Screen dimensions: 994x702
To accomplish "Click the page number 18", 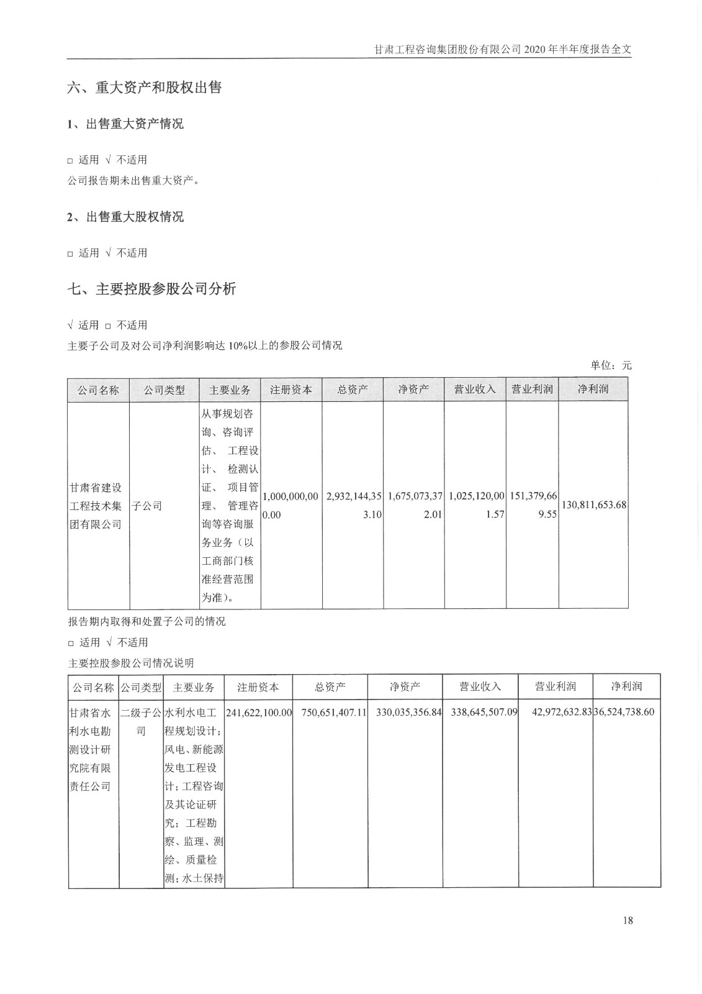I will coord(627,920).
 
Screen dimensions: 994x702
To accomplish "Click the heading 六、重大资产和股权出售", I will coord(144,88).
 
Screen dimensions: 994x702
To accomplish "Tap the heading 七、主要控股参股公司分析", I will coord(151,289).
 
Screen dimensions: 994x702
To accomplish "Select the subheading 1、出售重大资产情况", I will coord(125,124).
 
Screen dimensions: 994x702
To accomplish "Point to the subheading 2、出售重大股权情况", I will coord(125,217).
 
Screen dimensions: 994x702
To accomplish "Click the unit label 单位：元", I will coord(611,365).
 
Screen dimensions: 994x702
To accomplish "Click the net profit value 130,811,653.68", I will coord(593,505).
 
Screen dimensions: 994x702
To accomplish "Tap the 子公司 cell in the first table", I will coord(147,506).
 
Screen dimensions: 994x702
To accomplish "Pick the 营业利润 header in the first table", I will coord(532,390).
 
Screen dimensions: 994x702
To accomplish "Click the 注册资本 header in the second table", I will coord(258,687).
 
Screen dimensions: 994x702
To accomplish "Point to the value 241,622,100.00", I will coord(259,712).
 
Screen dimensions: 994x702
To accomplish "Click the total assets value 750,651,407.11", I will coord(334,712).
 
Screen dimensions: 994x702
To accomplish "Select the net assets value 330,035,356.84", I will coord(408,712).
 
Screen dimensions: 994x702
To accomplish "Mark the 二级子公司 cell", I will coord(141,721).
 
